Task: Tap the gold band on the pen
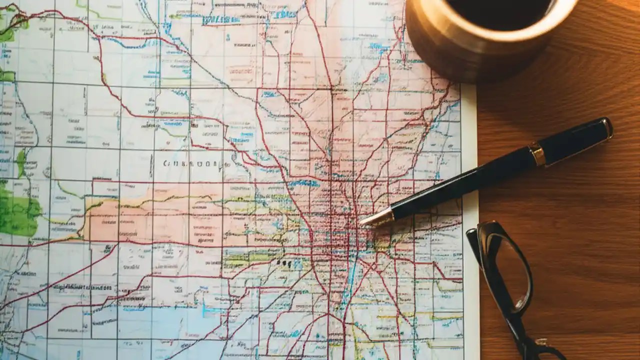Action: [x=537, y=155]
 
